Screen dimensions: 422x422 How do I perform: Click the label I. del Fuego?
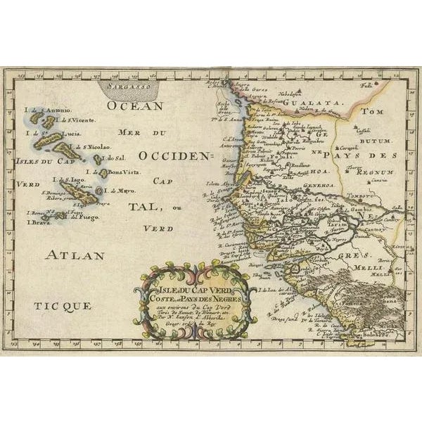(82, 217)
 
